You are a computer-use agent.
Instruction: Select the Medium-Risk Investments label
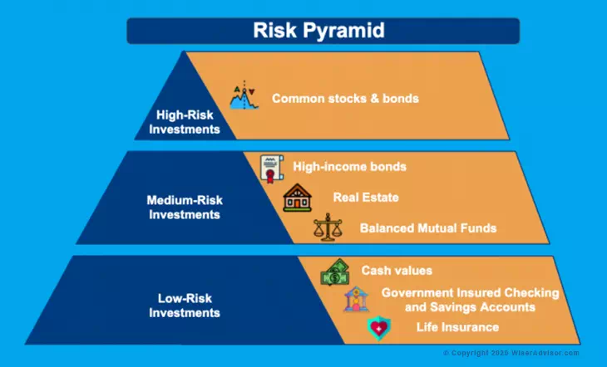[185, 207]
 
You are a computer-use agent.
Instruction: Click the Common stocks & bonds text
[345, 99]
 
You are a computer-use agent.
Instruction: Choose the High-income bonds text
[349, 167]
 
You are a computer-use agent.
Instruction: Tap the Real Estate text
[366, 198]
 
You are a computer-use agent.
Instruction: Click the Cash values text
[397, 271]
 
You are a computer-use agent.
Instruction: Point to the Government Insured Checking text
[470, 292]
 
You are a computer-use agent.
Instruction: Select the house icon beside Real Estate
[296, 198]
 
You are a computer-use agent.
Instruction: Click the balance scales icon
[327, 228]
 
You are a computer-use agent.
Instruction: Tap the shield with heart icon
[379, 329]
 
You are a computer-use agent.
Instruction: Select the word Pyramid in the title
[355, 32]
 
